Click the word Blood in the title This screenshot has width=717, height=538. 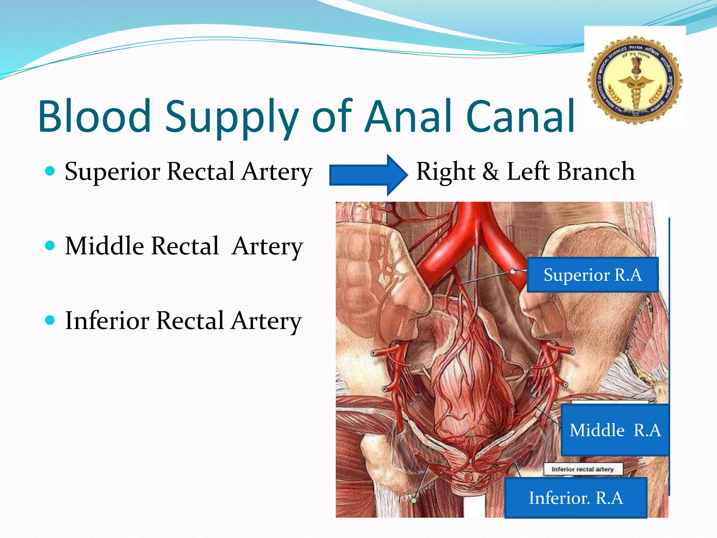click(95, 116)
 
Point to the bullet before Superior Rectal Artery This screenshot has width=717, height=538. click(50, 171)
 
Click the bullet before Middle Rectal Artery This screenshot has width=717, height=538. click(50, 246)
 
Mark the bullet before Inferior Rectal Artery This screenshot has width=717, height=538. click(50, 320)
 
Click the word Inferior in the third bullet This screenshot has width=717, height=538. click(107, 320)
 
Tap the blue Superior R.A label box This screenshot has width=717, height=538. click(592, 275)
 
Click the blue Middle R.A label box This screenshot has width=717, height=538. click(615, 430)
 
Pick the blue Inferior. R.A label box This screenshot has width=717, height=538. click(576, 498)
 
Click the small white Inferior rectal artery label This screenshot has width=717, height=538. click(583, 469)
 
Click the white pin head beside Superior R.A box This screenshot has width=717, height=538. click(513, 271)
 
